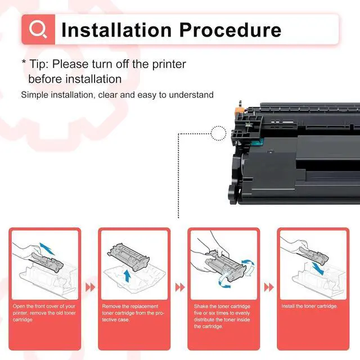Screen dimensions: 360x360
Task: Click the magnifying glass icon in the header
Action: point(38,29)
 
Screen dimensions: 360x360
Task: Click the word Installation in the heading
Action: point(116,30)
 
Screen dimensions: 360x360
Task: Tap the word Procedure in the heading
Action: point(230,30)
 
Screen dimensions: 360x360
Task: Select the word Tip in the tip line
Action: point(38,64)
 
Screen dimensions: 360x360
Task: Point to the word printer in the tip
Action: point(169,65)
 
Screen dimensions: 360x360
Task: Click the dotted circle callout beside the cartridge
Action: point(218,133)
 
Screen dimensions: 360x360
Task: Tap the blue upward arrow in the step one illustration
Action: point(47,249)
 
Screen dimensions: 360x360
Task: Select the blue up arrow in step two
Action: point(127,276)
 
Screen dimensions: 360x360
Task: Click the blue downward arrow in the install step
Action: point(318,268)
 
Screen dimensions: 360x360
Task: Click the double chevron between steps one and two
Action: point(90,287)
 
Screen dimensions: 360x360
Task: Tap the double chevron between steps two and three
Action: point(180,287)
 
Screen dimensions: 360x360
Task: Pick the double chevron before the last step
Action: point(269,287)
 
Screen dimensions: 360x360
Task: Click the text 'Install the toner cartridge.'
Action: point(309,306)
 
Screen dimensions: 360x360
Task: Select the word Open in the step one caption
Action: point(19,306)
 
